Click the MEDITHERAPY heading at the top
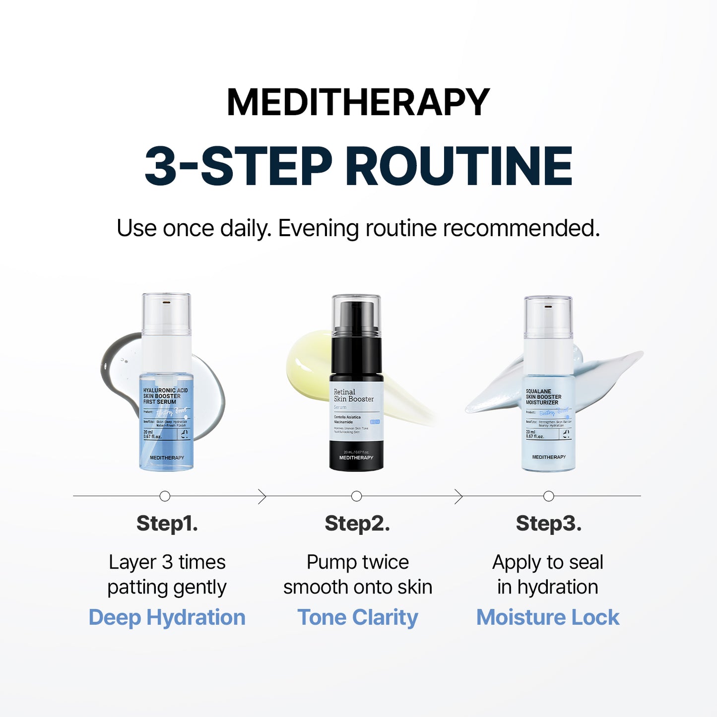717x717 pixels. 358,102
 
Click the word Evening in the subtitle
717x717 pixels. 318,229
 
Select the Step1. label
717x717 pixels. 167,523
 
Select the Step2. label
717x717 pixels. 357,523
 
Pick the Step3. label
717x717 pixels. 548,523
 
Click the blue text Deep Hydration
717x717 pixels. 167,618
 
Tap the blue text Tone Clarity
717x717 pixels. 358,618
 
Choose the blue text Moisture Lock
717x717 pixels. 548,618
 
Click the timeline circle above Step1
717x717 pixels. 165,496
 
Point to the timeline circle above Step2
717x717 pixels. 356,496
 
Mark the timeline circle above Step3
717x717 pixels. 548,496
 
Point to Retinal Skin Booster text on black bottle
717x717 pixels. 353,395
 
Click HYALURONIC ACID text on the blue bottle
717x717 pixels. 165,391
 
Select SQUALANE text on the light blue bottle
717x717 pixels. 538,391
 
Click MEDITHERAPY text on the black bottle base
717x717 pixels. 356,457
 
